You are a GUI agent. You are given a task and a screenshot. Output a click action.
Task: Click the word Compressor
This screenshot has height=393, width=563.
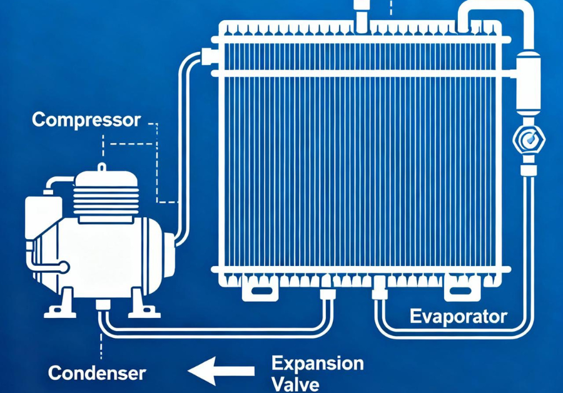pyautogui.click(x=86, y=120)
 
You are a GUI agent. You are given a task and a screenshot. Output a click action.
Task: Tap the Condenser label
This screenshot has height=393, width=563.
pyautogui.click(x=97, y=374)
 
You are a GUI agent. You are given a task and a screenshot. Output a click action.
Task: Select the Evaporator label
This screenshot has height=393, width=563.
pyautogui.click(x=458, y=316)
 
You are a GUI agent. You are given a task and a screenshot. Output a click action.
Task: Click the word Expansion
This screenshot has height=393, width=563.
pyautogui.click(x=318, y=363)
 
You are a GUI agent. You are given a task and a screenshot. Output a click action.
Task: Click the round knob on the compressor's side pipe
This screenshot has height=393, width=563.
pyautogui.click(x=64, y=267)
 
